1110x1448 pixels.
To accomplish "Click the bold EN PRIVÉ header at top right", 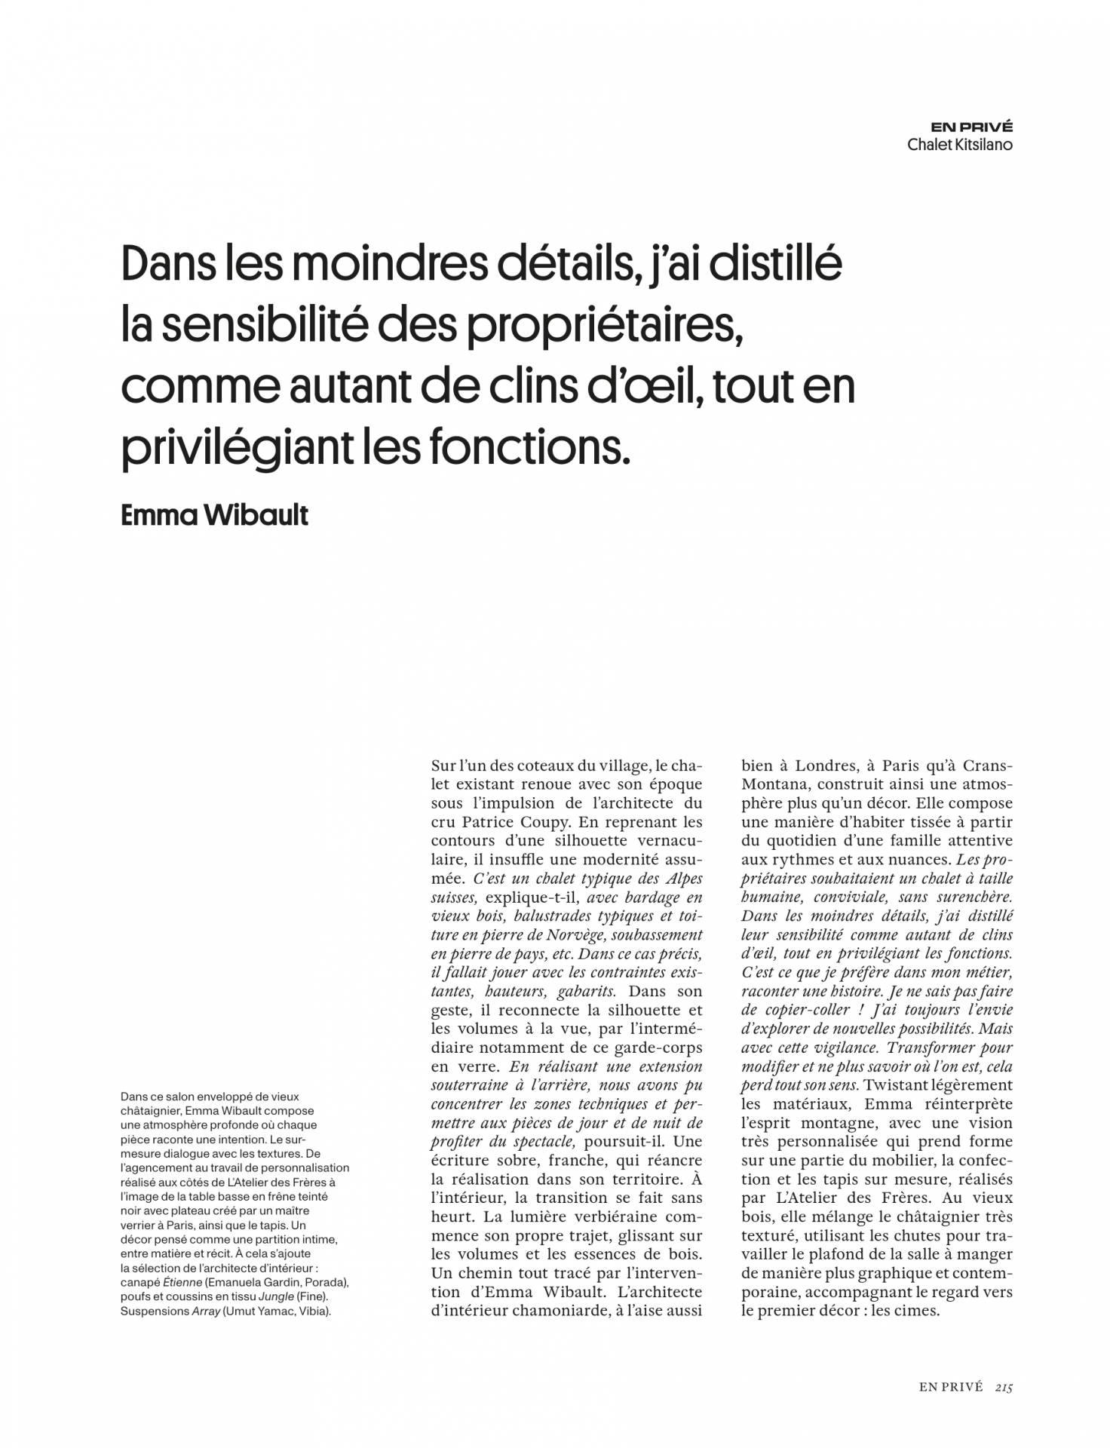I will coord(971,127).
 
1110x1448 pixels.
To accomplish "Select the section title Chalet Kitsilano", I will coord(960,144).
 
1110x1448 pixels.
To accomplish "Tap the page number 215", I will coord(1004,1387).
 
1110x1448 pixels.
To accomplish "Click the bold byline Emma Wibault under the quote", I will coord(214,516).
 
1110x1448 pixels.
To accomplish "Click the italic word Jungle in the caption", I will coord(276,1296).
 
